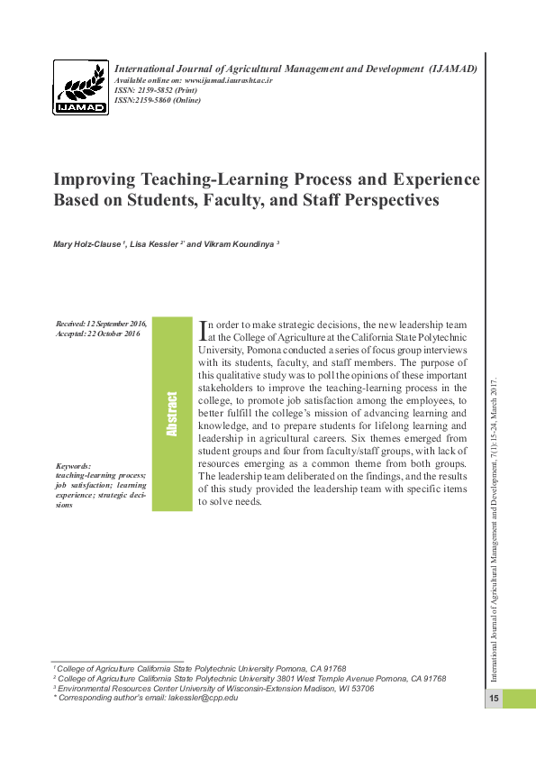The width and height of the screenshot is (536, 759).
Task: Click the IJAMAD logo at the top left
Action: coord(81,87)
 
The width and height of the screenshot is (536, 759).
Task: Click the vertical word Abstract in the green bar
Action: coord(171,415)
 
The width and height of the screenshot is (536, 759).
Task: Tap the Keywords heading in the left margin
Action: coord(73,466)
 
